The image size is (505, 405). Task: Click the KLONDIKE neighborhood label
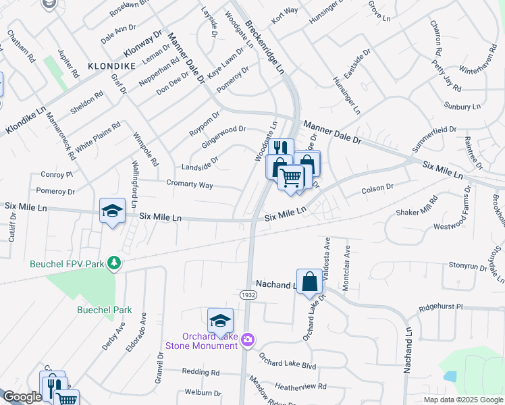click(112, 66)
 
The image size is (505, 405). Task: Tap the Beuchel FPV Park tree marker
click(115, 263)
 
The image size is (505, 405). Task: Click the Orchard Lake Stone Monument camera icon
click(248, 337)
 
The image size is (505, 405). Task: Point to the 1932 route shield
click(247, 295)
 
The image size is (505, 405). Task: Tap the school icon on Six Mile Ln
click(112, 211)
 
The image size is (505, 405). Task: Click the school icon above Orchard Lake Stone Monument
click(220, 321)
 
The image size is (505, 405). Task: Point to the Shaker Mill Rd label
click(417, 207)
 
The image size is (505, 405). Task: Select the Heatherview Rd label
click(301, 387)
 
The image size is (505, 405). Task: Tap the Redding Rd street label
click(201, 372)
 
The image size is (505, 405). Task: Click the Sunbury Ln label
click(462, 106)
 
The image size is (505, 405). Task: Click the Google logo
click(22, 397)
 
